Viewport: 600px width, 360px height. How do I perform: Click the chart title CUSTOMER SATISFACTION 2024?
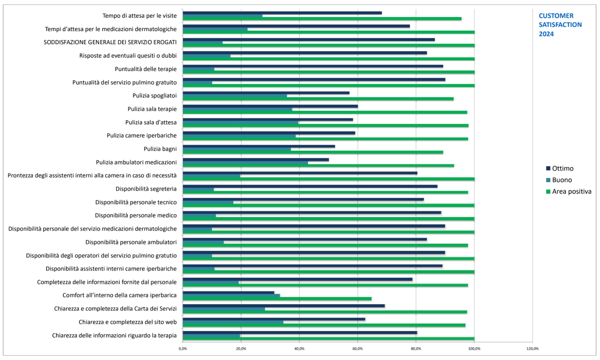pyautogui.click(x=560, y=25)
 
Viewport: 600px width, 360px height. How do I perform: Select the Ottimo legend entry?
pyautogui.click(x=560, y=168)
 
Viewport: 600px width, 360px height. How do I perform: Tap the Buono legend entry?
pyautogui.click(x=559, y=180)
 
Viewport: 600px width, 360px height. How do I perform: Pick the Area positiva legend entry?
pyautogui.click(x=569, y=192)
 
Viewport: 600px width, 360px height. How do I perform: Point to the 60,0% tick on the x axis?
pyautogui.click(x=357, y=349)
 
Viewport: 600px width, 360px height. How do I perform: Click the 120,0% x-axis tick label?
pyautogui.click(x=532, y=349)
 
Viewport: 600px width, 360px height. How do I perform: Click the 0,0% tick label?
pyautogui.click(x=183, y=349)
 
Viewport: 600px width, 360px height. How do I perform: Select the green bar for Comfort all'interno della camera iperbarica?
pyautogui.click(x=277, y=299)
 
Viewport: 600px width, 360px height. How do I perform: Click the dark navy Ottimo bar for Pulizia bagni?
pyautogui.click(x=259, y=146)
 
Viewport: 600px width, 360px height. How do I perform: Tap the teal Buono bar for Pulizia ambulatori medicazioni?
pyautogui.click(x=245, y=163)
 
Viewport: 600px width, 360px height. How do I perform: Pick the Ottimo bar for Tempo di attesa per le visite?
pyautogui.click(x=282, y=13)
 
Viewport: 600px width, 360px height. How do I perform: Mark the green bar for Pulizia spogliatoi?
pyautogui.click(x=318, y=99)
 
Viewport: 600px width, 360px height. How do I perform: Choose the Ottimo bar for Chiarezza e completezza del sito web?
pyautogui.click(x=274, y=319)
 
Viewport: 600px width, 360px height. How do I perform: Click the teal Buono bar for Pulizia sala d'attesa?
pyautogui.click(x=240, y=123)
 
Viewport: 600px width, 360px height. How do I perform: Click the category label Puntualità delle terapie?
pyautogui.click(x=146, y=69)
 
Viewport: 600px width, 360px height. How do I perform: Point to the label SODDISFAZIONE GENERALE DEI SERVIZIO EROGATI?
pyautogui.click(x=110, y=42)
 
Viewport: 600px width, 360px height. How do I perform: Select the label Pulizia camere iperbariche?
pyautogui.click(x=142, y=135)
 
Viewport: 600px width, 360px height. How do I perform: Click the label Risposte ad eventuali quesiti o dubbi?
pyautogui.click(x=128, y=56)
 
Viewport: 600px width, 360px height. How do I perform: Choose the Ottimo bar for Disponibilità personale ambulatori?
pyautogui.click(x=305, y=239)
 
